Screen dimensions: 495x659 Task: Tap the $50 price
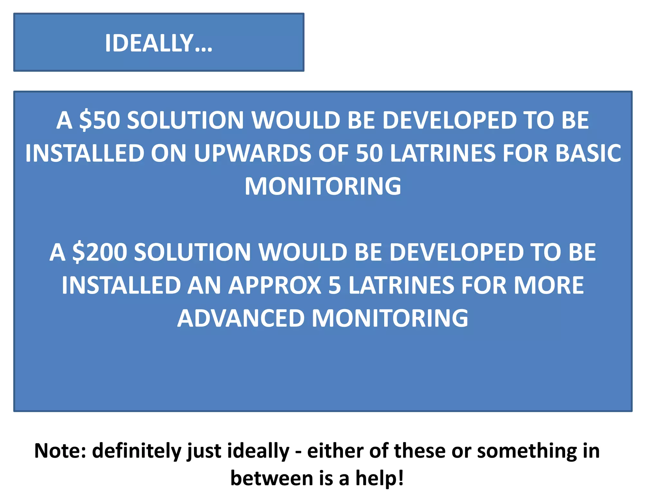click(99, 120)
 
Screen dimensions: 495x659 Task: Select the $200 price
click(99, 252)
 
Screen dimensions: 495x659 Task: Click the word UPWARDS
click(252, 153)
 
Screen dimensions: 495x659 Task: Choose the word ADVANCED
click(241, 318)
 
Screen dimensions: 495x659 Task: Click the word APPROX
click(275, 286)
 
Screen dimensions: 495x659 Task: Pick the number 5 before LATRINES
click(335, 286)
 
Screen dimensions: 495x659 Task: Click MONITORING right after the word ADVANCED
click(390, 318)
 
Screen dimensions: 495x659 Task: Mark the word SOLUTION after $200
click(192, 252)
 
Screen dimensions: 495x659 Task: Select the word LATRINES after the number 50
click(443, 153)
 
